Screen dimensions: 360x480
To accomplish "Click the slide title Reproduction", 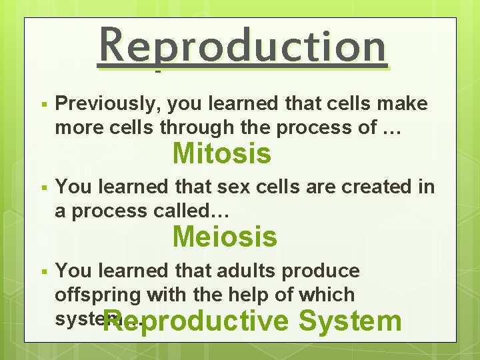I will tap(242, 47).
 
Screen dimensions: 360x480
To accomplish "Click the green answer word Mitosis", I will tap(222, 154).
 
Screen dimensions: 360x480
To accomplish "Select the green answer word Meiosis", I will tap(225, 237).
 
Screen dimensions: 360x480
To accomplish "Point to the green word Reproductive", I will tap(197, 321).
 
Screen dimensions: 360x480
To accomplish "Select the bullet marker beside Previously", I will tap(42, 105).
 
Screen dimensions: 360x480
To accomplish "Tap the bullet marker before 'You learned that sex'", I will tap(42, 189).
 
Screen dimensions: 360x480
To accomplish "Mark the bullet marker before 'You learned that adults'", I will tap(42, 272).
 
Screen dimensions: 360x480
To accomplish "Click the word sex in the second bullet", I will tap(243, 187).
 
